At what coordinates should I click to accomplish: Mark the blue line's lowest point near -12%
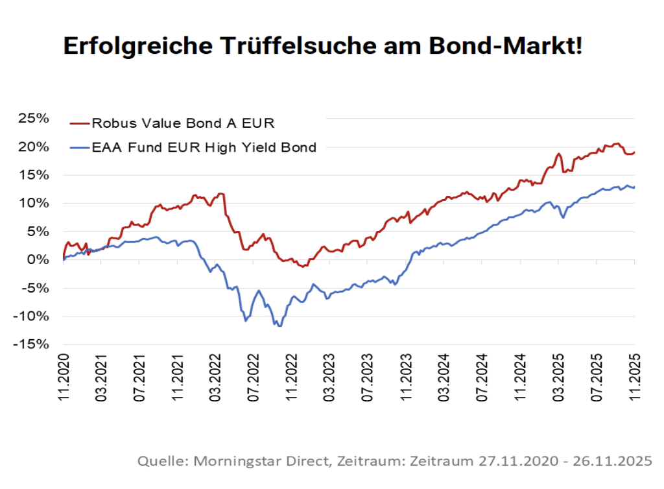click(279, 326)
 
